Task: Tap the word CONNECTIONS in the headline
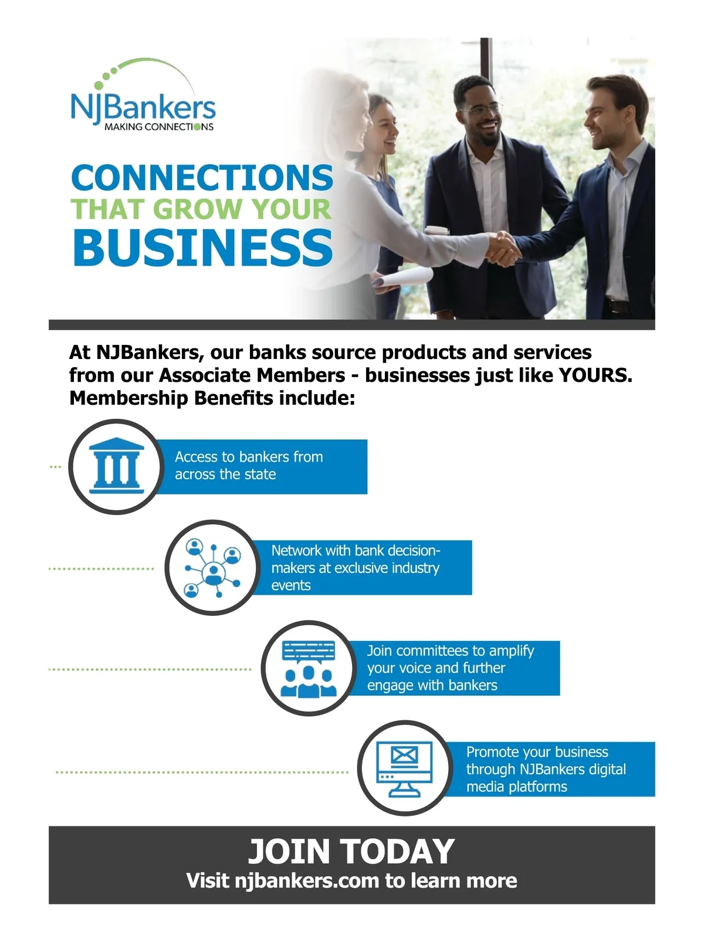coord(202,177)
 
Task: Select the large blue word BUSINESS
coord(203,247)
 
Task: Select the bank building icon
coord(116,466)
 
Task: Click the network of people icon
coord(213,567)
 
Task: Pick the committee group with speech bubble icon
coord(309,669)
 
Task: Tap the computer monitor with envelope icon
coord(404,769)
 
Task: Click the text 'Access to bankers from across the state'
coord(249,466)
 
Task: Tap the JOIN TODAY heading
coord(351,852)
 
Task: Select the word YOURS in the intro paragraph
coord(595,375)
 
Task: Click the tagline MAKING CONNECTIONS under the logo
coord(159,127)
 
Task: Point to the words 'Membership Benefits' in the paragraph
coord(171,398)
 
